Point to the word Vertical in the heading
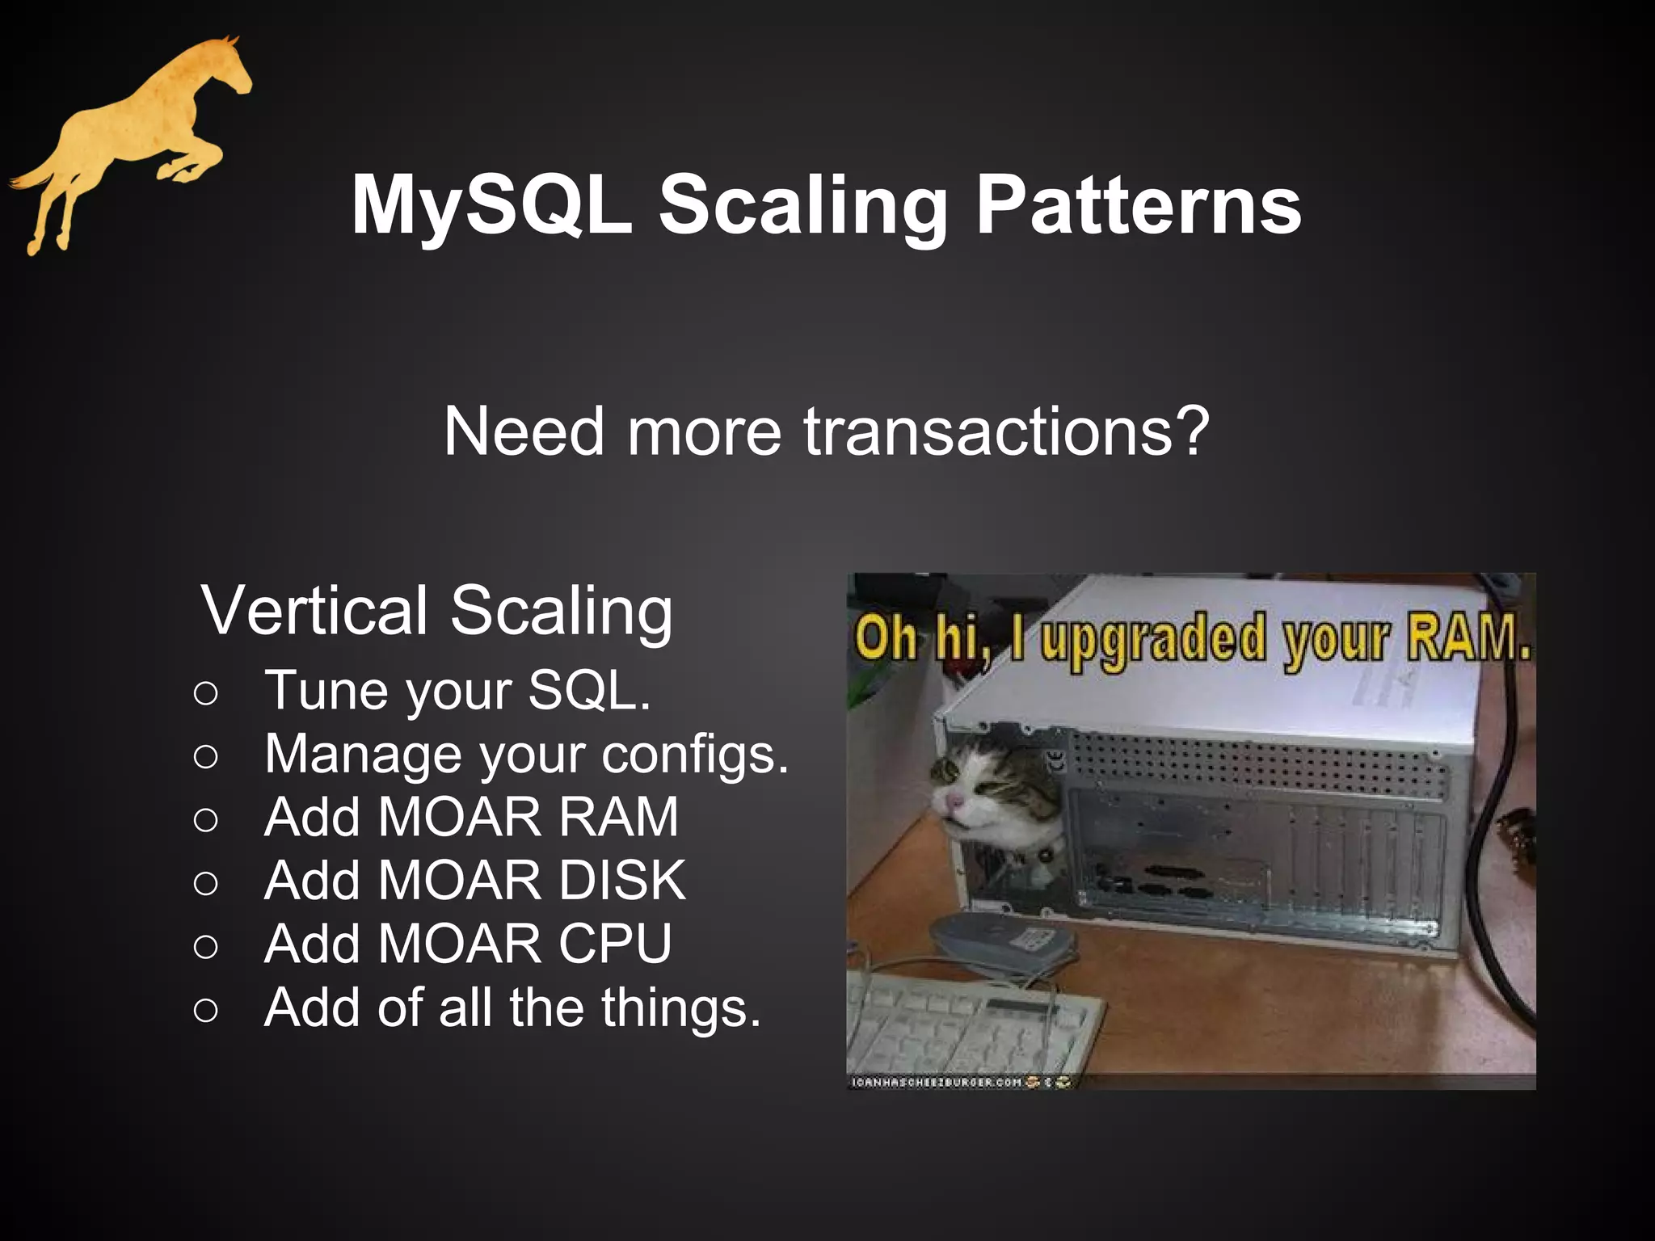pyautogui.click(x=315, y=610)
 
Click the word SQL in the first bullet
pyautogui.click(x=588, y=691)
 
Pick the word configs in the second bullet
pyautogui.click(x=695, y=755)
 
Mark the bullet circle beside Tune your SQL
pyautogui.click(x=206, y=693)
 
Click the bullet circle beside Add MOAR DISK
pyautogui.click(x=206, y=883)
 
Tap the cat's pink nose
pyautogui.click(x=955, y=801)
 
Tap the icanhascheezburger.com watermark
pyautogui.click(x=937, y=1082)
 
